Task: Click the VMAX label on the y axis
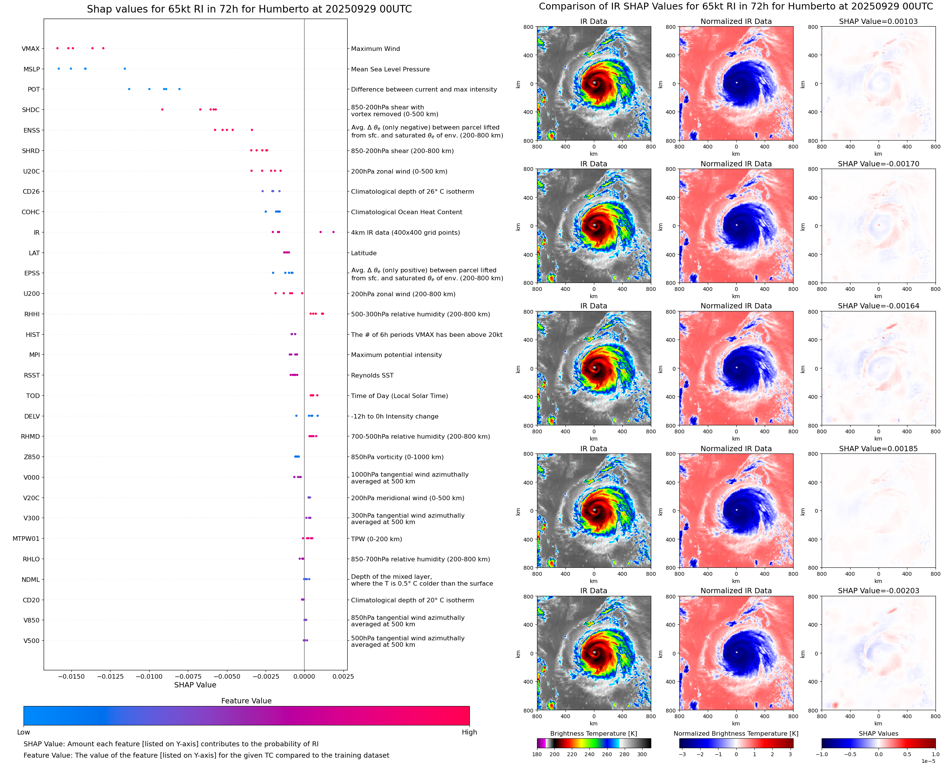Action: (30, 49)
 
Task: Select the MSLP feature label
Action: (31, 70)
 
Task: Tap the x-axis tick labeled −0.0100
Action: (149, 676)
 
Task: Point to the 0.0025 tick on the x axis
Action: (343, 676)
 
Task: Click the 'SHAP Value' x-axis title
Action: (195, 685)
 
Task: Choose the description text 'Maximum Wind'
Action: (375, 49)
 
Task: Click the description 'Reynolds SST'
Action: (372, 375)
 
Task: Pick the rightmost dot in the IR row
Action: (333, 232)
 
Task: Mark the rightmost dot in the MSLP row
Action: (125, 69)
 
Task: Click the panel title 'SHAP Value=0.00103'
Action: (878, 22)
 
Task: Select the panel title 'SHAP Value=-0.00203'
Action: (878, 591)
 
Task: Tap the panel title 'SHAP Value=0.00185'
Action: (878, 449)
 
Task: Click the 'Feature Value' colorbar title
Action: (246, 701)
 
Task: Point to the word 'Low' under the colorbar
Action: (24, 732)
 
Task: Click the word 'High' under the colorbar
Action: (469, 732)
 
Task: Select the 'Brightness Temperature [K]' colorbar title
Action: (593, 733)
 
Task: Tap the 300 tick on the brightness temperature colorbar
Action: (642, 754)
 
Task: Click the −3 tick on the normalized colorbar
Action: (682, 754)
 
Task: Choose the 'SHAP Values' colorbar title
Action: (878, 733)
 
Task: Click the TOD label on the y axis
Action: (33, 396)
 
